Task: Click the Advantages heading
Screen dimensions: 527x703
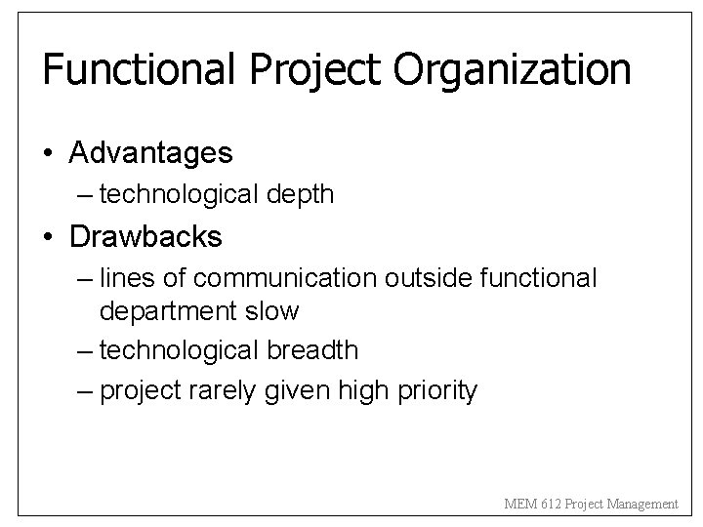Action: pyautogui.click(x=150, y=153)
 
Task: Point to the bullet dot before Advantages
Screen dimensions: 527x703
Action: pyautogui.click(x=50, y=154)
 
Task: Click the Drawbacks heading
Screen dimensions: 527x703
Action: pyautogui.click(x=145, y=236)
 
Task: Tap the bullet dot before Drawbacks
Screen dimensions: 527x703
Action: pyautogui.click(x=50, y=237)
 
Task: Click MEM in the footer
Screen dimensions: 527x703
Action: pyautogui.click(x=517, y=504)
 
